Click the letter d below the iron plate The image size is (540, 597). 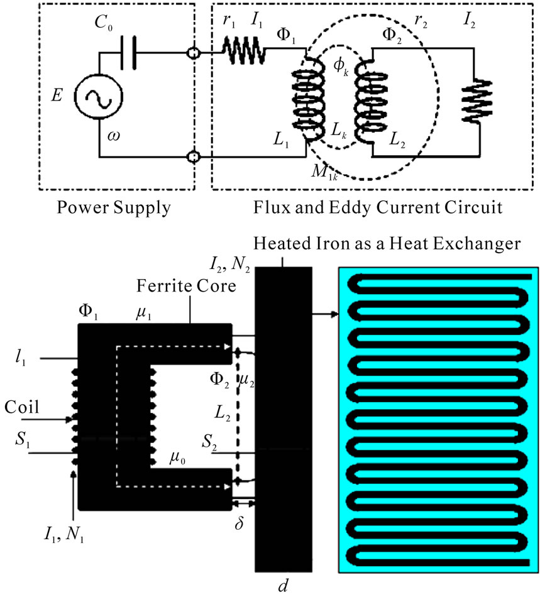point(282,588)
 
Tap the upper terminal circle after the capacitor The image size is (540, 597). point(194,55)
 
